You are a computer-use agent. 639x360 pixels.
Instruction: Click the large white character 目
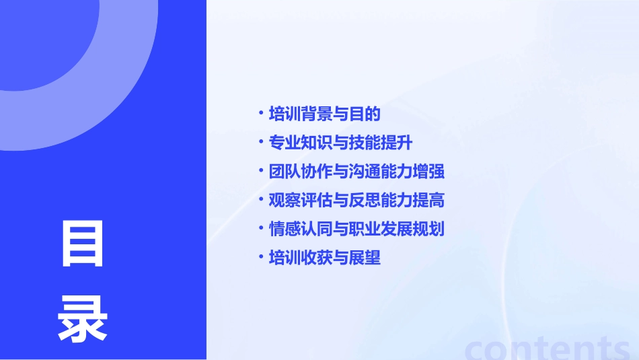pos(83,243)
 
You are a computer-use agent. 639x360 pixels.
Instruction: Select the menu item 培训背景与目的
pos(324,114)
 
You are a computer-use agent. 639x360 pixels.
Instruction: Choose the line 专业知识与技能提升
pos(340,143)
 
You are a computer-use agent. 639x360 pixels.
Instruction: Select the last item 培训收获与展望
pos(324,258)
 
